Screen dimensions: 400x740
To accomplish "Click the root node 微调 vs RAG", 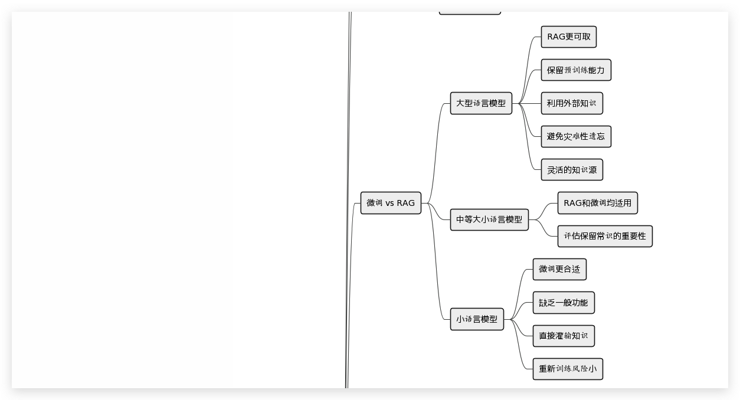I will click(x=391, y=203).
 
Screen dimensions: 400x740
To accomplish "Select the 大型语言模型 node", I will click(x=481, y=103).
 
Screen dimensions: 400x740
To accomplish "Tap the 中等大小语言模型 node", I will click(x=489, y=219).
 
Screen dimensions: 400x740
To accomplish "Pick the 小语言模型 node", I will click(x=477, y=319).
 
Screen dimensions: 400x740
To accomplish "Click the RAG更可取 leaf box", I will click(x=569, y=37).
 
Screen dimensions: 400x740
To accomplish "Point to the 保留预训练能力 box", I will click(x=576, y=70).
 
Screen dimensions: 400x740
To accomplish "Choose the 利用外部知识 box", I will click(x=571, y=103).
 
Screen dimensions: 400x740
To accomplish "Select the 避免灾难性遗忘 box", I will click(x=576, y=136).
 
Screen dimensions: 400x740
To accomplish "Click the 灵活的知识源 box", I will click(x=571, y=170).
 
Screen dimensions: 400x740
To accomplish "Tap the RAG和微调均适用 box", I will click(x=598, y=203).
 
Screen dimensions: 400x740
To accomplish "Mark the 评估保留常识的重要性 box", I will click(x=605, y=236).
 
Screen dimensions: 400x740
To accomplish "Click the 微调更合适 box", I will click(x=559, y=270).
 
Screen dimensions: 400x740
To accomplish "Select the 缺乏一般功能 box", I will click(x=564, y=303).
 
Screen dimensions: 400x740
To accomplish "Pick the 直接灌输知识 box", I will click(x=564, y=336).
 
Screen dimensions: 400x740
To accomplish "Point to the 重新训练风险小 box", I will click(x=568, y=369).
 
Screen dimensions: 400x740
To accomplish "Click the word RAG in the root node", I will click(x=405, y=203).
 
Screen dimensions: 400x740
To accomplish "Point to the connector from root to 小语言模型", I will click(x=437, y=265).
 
